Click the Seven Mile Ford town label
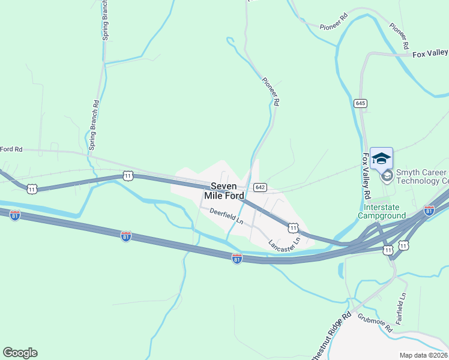tap(224, 191)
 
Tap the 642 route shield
tap(259, 187)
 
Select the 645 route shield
tap(360, 103)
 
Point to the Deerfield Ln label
tap(226, 216)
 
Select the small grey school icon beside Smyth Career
tap(387, 176)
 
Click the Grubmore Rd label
tap(375, 323)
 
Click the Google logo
tap(20, 353)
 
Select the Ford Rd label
tap(11, 149)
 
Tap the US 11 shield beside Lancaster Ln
tap(292, 227)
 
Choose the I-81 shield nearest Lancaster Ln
tap(237, 258)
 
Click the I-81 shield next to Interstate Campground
tap(429, 210)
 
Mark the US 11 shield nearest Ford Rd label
tap(31, 189)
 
